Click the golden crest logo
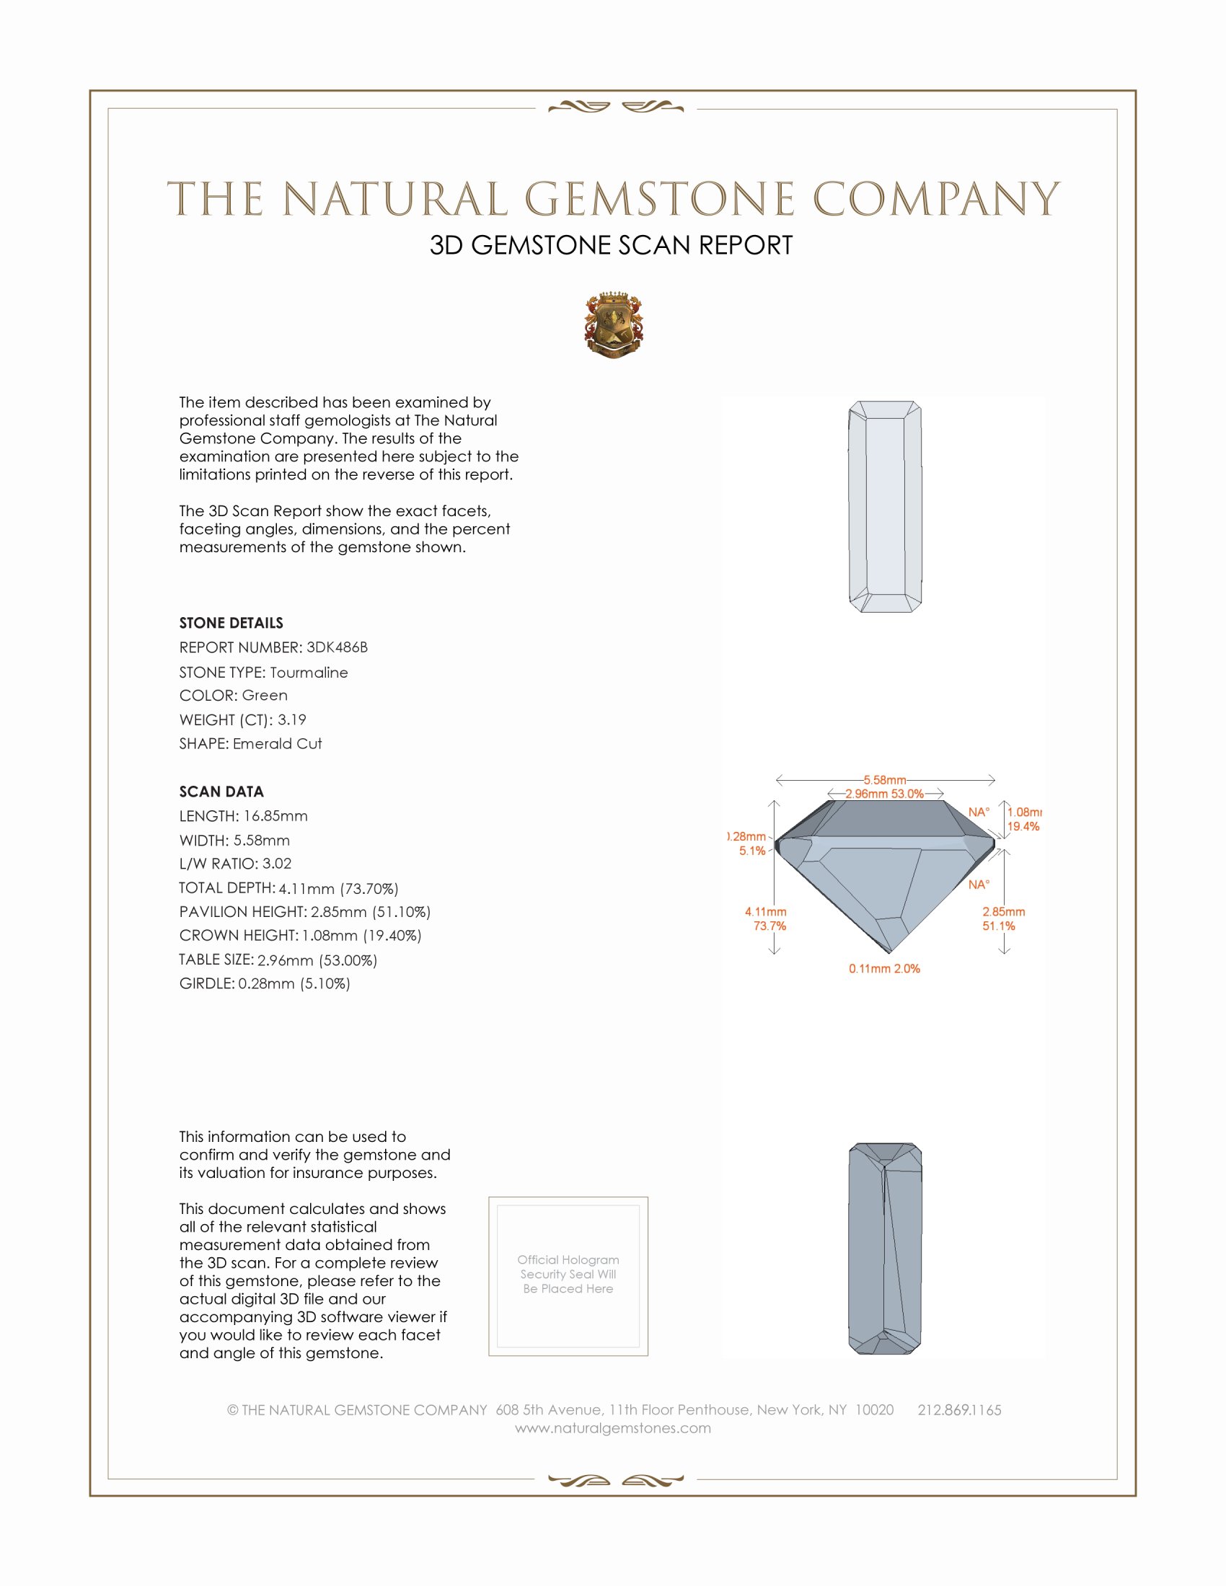pos(614,324)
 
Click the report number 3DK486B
pos(336,647)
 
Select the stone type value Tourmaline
pos(309,673)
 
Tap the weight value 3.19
pos(291,719)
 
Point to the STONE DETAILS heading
pos(231,623)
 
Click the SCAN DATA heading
pos(221,792)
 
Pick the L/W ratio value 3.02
pos(277,864)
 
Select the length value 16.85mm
pos(275,816)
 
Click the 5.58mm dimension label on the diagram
pos(884,780)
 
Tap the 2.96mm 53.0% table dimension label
pos(884,794)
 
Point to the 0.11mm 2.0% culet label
pos(884,969)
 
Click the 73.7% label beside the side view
pos(769,926)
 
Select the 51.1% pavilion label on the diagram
pos(999,926)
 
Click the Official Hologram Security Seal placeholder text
pos(568,1274)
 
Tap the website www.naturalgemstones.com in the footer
pos(613,1427)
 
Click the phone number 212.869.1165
pos(958,1409)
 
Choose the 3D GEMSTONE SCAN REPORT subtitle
pos(611,245)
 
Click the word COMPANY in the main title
pos(935,199)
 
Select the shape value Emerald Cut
pos(277,744)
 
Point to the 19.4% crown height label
pos(1023,826)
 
